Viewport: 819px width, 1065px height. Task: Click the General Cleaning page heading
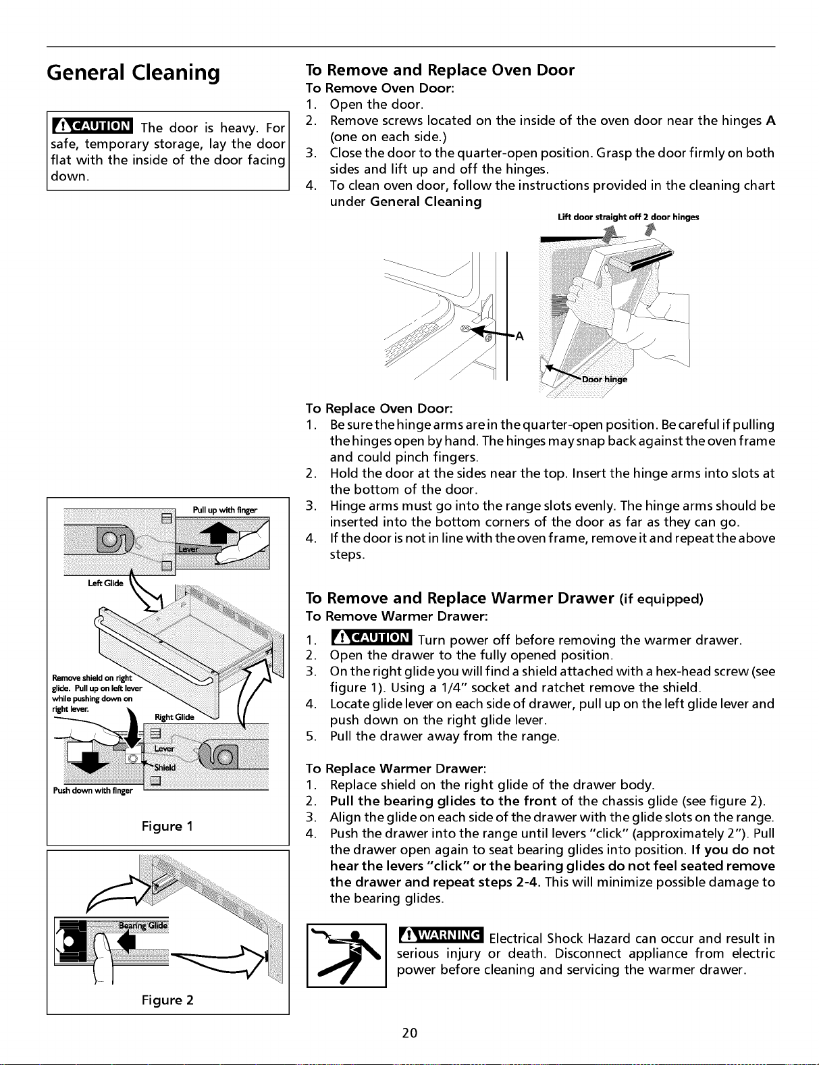point(133,73)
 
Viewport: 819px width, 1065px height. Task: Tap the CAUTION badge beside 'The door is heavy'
point(93,126)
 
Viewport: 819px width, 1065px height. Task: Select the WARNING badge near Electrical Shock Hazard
point(442,935)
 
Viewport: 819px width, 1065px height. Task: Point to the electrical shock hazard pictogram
point(346,955)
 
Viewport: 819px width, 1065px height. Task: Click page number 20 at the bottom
point(409,1033)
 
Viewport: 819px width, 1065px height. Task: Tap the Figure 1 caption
point(167,827)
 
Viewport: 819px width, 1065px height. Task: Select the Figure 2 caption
point(167,999)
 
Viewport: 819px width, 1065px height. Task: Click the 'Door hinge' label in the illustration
point(604,380)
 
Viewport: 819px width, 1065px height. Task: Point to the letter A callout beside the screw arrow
point(520,336)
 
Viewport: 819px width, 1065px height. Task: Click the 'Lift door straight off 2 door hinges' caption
point(629,217)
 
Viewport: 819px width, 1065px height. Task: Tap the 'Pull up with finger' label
point(225,510)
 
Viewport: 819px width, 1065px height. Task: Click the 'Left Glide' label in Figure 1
point(105,583)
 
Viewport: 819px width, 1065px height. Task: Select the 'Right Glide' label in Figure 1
point(174,717)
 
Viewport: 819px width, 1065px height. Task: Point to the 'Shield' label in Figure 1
point(165,767)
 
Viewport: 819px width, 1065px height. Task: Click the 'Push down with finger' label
point(93,791)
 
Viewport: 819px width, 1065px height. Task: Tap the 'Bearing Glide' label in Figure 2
point(144,925)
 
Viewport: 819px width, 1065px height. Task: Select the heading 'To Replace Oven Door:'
point(379,409)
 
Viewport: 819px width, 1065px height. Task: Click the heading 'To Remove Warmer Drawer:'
point(397,616)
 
